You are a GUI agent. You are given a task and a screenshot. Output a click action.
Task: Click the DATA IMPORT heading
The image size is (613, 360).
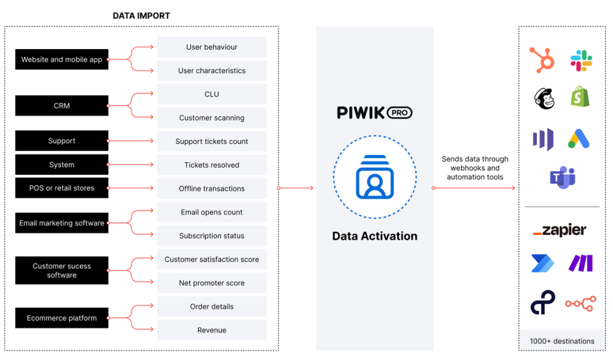tap(141, 16)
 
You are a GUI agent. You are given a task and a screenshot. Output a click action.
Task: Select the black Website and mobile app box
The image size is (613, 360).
tap(62, 59)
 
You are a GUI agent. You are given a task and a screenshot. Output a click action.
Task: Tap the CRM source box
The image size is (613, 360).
tap(62, 105)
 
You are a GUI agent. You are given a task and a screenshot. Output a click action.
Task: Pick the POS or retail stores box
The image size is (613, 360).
tap(62, 188)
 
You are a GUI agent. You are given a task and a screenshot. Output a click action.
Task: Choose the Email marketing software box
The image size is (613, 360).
tap(62, 223)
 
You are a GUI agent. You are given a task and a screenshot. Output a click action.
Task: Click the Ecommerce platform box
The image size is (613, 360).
tap(62, 318)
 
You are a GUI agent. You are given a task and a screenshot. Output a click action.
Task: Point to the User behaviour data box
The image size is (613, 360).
tap(211, 47)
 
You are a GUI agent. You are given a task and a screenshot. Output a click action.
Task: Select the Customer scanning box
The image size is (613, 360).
tap(211, 118)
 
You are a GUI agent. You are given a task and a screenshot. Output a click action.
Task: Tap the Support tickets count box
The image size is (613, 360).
tap(211, 141)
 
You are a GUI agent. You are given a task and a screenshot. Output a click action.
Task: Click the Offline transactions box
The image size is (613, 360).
tap(211, 189)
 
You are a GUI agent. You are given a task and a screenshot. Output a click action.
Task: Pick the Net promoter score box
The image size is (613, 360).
tap(211, 283)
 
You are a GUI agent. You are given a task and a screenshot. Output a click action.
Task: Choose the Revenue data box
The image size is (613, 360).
tap(211, 330)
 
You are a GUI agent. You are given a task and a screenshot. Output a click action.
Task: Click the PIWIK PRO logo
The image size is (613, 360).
tap(374, 112)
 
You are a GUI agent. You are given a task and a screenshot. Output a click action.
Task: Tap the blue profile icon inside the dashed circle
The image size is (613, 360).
tap(375, 177)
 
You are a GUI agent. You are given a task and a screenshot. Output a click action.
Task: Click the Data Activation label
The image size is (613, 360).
tap(375, 236)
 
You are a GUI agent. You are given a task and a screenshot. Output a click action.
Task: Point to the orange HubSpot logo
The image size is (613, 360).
tap(542, 60)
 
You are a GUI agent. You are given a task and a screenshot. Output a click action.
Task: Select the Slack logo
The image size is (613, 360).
tap(581, 60)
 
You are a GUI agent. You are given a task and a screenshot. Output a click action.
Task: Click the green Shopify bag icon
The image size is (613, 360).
tap(579, 96)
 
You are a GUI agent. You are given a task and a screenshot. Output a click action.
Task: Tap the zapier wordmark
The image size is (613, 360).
tap(560, 230)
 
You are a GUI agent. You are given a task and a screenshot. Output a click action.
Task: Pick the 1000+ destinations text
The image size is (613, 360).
tap(562, 341)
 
